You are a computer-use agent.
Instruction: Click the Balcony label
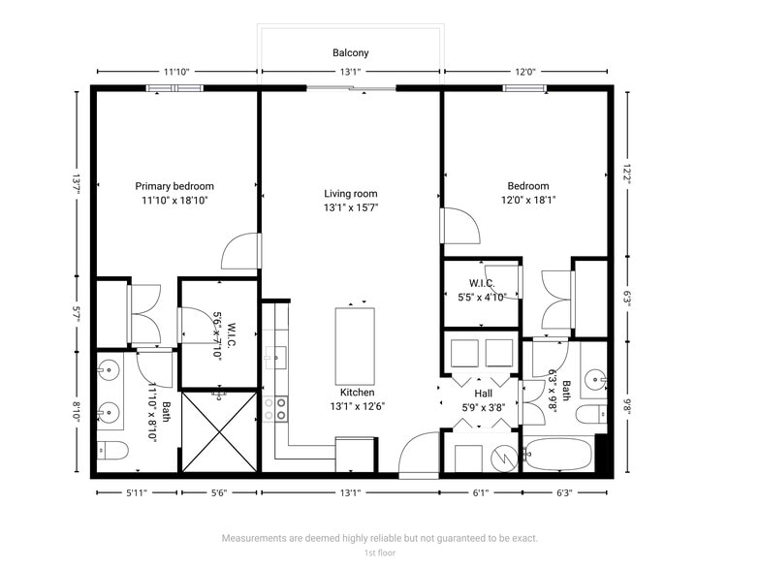coord(351,53)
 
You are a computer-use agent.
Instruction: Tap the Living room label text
coord(351,194)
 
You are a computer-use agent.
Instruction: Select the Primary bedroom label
coord(174,186)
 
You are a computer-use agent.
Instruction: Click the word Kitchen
coord(357,393)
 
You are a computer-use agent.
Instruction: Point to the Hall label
coord(483,394)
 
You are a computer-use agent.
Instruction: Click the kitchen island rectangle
coord(355,345)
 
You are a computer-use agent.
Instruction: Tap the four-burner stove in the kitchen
coord(275,408)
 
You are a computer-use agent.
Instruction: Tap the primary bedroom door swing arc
coord(239,252)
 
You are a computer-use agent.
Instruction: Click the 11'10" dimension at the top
coord(176,72)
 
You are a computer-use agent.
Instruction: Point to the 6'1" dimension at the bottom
coord(481,493)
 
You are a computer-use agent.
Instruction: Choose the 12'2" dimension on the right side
coord(627,172)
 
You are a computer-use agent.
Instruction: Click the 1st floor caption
coord(380,553)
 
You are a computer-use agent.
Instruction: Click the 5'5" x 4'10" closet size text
coord(483,299)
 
